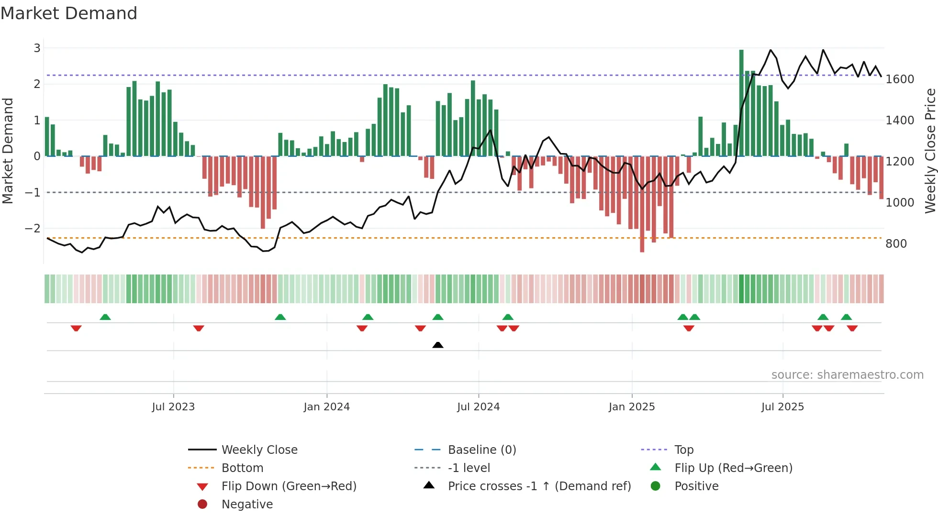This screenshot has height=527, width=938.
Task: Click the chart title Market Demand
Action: (69, 13)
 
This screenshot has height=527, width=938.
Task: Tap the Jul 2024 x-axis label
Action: (478, 407)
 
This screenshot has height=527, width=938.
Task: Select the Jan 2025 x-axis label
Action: (631, 407)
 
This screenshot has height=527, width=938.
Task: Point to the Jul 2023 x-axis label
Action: (173, 407)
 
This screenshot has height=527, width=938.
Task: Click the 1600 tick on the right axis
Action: (899, 79)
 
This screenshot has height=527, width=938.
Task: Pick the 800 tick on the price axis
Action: (896, 244)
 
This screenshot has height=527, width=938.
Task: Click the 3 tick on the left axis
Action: (37, 48)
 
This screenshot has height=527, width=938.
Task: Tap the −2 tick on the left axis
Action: (33, 229)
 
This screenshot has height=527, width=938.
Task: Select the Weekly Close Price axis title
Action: (930, 151)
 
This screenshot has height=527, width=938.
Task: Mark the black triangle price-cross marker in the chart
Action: (437, 345)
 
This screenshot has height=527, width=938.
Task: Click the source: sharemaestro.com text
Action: (847, 375)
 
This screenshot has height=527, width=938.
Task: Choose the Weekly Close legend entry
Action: (259, 450)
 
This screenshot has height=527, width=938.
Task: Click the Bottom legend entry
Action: (242, 468)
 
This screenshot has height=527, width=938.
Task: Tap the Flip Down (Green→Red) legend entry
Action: (289, 486)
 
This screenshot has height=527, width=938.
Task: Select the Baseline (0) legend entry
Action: (481, 450)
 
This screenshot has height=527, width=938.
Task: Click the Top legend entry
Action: (683, 450)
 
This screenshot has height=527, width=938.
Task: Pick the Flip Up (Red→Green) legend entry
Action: (733, 468)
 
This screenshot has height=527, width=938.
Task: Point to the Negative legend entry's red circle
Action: (202, 504)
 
